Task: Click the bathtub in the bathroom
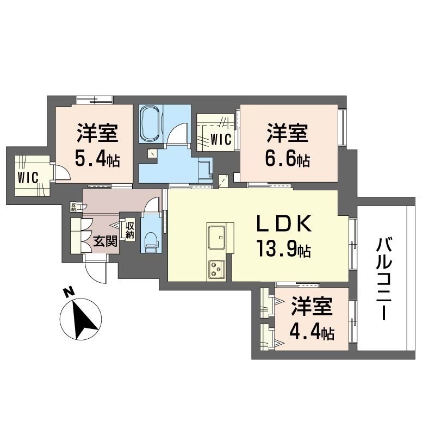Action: point(152,123)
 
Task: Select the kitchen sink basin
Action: point(216,238)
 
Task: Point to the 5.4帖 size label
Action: point(97,159)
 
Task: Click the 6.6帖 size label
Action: point(288,159)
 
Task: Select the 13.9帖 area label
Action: point(283,248)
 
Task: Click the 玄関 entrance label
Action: point(105,241)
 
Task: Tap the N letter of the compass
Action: point(69,292)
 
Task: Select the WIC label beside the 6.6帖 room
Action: point(221,140)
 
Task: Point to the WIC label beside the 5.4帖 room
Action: point(28,178)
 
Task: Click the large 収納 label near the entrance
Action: point(129,231)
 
